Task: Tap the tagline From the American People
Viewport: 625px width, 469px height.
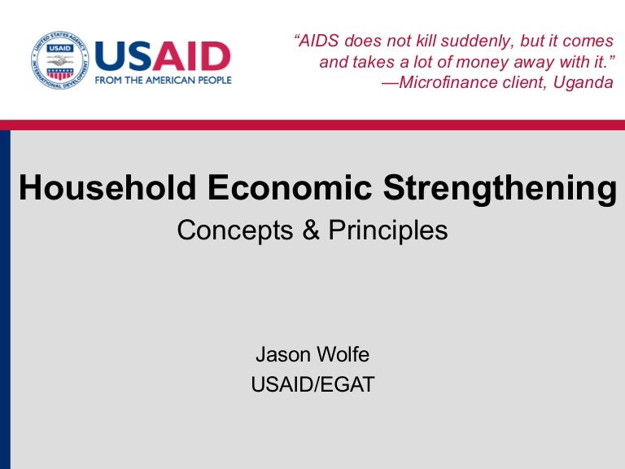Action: click(163, 80)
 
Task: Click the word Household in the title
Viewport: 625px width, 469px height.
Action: click(107, 188)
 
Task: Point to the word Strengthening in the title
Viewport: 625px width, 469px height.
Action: click(500, 188)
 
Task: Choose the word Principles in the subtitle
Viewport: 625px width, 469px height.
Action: click(388, 230)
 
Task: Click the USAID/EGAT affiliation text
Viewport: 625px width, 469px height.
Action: click(312, 384)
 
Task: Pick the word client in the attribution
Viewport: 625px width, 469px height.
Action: click(522, 83)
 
